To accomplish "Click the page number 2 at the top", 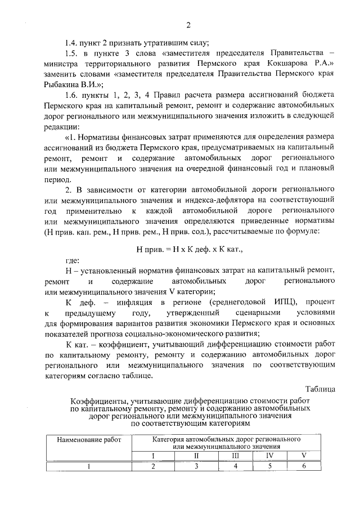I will point(189,24).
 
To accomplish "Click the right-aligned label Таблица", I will point(321,388).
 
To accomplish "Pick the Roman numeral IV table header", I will point(270,455).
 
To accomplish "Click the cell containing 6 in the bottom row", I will point(304,466).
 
